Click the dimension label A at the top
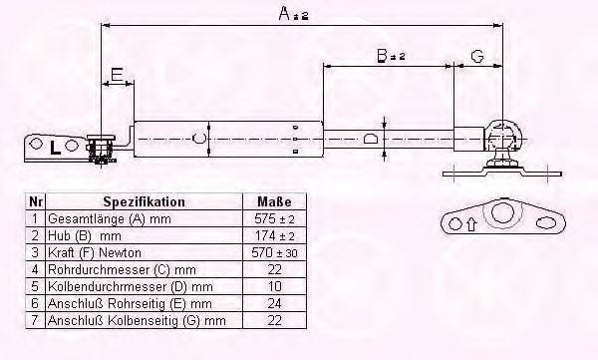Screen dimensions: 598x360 (x=285, y=13)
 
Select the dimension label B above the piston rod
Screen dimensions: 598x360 (x=382, y=56)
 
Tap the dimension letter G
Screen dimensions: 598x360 (x=477, y=56)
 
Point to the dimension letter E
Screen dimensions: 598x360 (x=117, y=74)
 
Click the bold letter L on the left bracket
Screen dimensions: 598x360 (x=55, y=148)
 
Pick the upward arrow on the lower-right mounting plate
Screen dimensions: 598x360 (x=471, y=224)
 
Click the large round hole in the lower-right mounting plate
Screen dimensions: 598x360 (x=500, y=212)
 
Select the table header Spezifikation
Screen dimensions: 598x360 (x=144, y=201)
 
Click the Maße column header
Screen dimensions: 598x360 (x=274, y=201)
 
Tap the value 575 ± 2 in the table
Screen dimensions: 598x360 (x=274, y=218)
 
